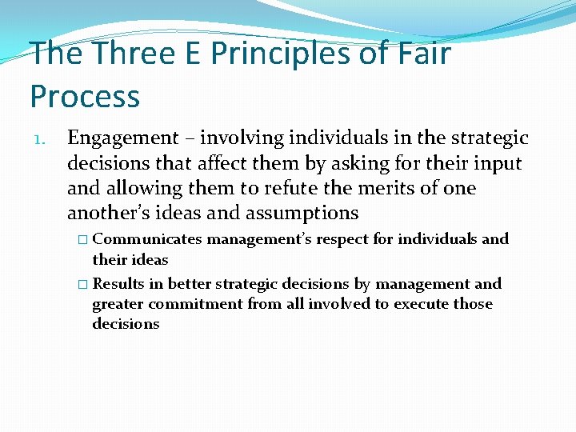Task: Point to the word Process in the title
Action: pos(85,96)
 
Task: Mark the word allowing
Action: pos(138,188)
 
